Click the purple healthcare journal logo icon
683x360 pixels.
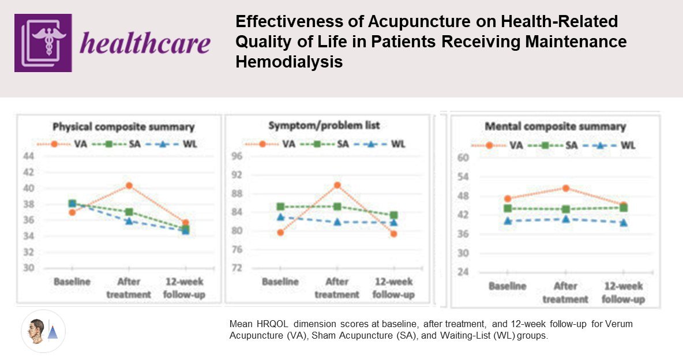tap(43, 43)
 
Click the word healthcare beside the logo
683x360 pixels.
tap(145, 42)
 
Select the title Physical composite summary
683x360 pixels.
tap(123, 127)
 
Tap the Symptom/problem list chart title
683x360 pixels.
tap(327, 125)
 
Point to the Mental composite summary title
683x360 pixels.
tap(555, 126)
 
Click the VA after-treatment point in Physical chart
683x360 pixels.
tap(129, 185)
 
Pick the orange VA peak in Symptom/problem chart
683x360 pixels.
tap(337, 185)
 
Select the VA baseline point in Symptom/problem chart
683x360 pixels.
tap(280, 232)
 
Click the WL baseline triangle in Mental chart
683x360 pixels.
tap(508, 220)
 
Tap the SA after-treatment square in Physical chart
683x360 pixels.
tap(129, 212)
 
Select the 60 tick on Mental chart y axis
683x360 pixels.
tap(463, 157)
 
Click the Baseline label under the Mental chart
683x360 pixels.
tap(508, 286)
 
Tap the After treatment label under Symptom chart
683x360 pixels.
tap(337, 288)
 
